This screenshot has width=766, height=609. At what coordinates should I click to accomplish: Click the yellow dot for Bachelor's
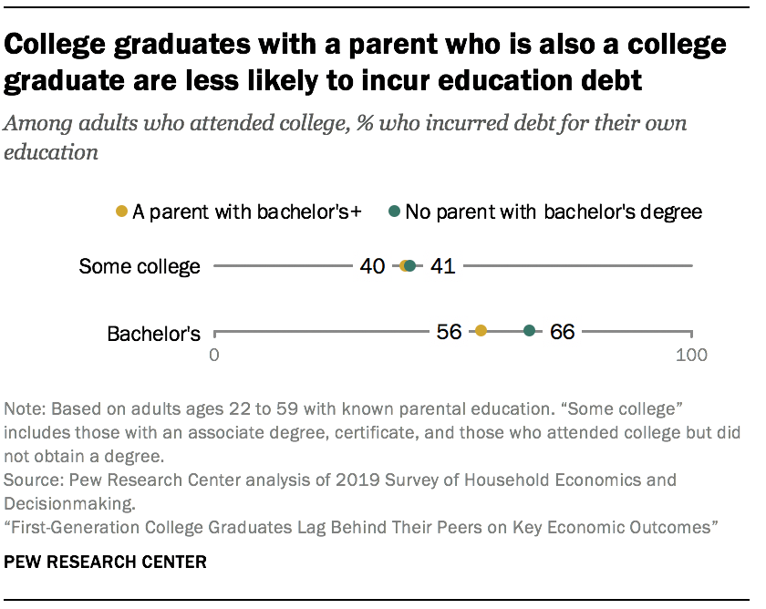click(481, 332)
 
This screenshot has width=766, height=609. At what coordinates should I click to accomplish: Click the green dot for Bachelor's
click(529, 332)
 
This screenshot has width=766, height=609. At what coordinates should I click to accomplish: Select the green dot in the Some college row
click(410, 266)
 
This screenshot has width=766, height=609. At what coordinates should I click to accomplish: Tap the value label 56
click(449, 332)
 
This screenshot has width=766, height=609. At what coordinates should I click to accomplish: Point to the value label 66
click(563, 332)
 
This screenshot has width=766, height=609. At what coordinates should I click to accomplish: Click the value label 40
click(371, 266)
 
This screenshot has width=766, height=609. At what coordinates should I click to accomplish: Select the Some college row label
click(139, 266)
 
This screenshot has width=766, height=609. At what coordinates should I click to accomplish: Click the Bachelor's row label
click(153, 334)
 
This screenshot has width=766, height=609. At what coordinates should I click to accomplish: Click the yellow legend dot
click(123, 212)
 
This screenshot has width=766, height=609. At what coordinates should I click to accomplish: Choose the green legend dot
click(395, 212)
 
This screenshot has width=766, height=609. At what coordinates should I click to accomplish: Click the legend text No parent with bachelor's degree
click(554, 212)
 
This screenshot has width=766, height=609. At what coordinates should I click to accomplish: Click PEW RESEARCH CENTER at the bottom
click(106, 562)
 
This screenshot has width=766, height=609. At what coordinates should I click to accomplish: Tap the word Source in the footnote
click(27, 479)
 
